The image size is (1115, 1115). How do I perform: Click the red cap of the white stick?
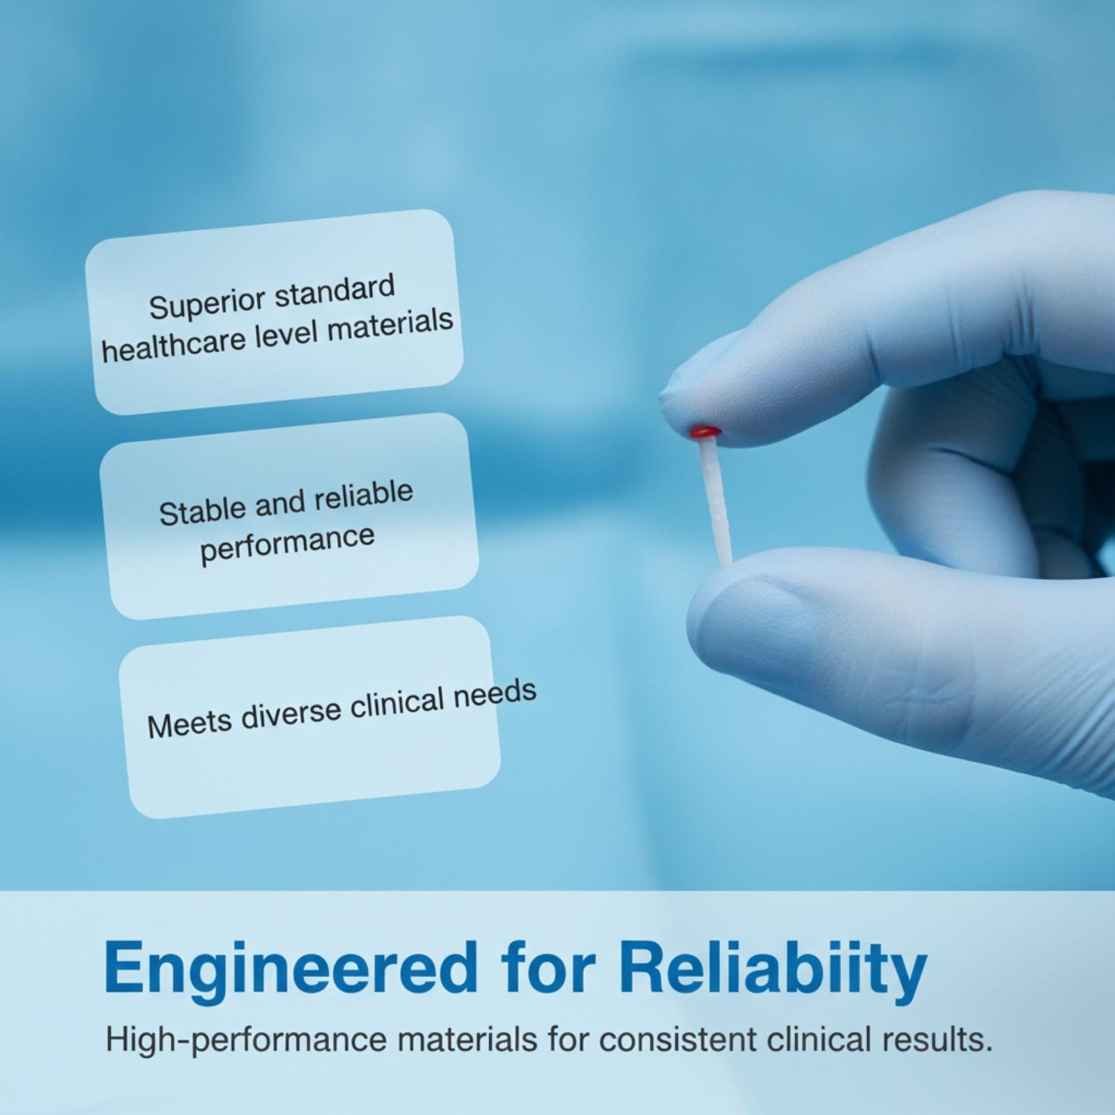tap(705, 433)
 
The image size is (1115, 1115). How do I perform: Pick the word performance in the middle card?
tap(287, 546)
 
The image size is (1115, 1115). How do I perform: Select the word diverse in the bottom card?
tap(291, 713)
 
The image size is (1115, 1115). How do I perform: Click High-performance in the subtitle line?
tap(246, 1041)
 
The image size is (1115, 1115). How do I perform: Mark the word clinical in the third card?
tap(397, 704)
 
